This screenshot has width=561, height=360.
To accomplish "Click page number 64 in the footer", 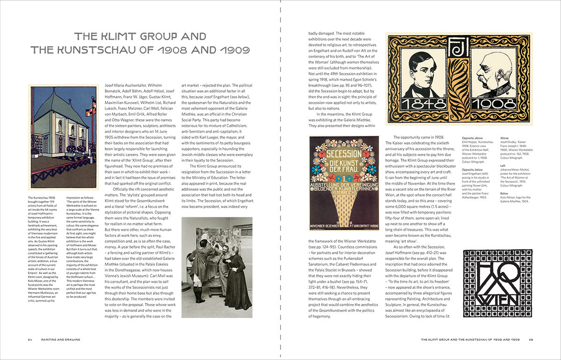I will (30, 339).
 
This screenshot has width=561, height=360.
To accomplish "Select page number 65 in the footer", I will (532, 339).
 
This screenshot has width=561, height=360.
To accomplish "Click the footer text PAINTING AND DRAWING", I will (60, 339).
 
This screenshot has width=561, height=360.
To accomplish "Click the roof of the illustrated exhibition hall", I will (61, 103).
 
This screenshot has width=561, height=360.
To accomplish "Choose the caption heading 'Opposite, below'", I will (473, 169).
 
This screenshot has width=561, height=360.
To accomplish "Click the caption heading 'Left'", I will (503, 165).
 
